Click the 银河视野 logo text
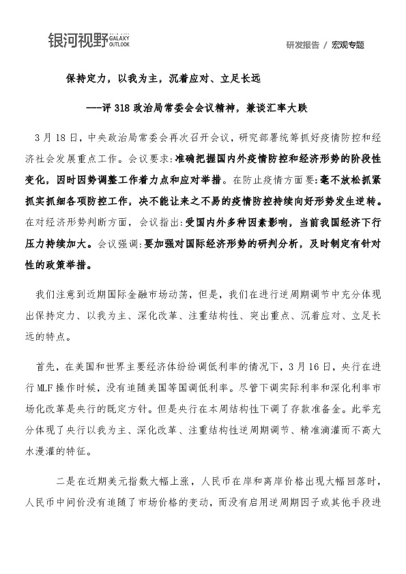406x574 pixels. point(77,41)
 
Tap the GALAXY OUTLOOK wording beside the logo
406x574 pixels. point(119,41)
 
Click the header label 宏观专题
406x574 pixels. point(348,45)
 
